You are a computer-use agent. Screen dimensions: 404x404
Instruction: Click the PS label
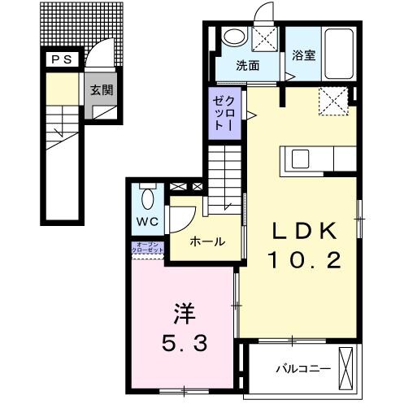click(62, 59)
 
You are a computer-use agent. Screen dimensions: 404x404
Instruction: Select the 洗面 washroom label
click(248, 65)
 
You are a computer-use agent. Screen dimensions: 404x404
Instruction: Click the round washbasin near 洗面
click(233, 37)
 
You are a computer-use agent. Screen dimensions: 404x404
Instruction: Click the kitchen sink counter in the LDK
click(297, 159)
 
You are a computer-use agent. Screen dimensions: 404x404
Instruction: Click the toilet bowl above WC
click(147, 198)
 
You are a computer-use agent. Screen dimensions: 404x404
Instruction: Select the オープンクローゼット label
click(149, 247)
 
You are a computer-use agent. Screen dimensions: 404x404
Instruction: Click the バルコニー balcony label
click(302, 369)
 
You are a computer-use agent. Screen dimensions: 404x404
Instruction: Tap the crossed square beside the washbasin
click(265, 38)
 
